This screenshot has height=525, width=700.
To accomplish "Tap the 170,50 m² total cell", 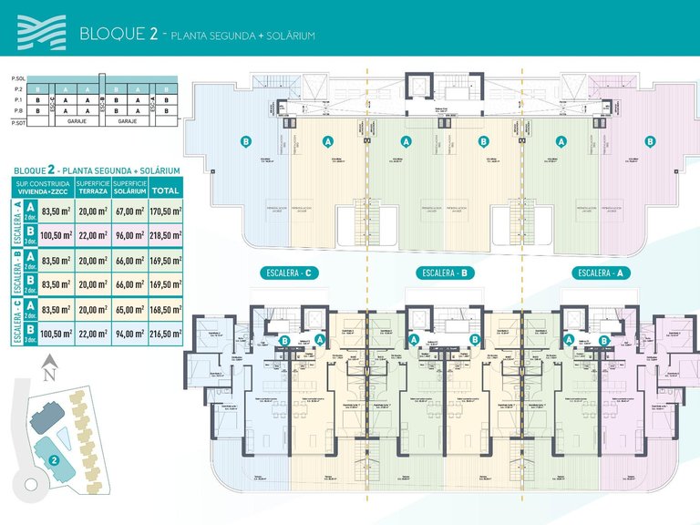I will (x=165, y=213).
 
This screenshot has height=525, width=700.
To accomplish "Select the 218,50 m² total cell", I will (x=165, y=236).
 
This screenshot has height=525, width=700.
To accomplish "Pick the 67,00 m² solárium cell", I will (x=130, y=213).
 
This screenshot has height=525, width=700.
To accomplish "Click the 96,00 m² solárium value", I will (x=130, y=236).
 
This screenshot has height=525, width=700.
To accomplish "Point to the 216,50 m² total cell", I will (x=165, y=335).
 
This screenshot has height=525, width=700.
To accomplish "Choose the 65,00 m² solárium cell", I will (x=130, y=310).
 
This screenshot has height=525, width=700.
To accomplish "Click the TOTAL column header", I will (x=165, y=190).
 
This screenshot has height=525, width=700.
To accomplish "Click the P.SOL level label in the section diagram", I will (x=15, y=79).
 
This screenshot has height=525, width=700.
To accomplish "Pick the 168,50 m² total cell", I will (x=165, y=310).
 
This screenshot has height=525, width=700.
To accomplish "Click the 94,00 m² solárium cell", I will (x=130, y=335).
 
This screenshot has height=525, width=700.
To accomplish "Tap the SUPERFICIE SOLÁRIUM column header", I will (x=130, y=188).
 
